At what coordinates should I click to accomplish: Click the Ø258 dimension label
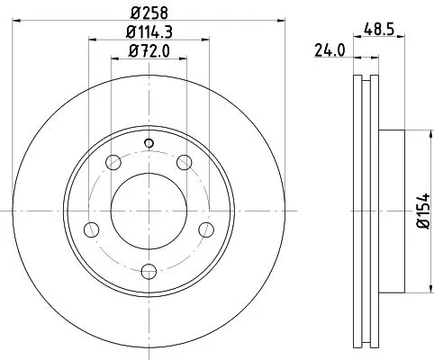pyautogui.click(x=149, y=12)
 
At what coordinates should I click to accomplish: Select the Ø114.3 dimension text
pyautogui.click(x=149, y=32)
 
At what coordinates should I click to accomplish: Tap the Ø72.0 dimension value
pyautogui.click(x=149, y=51)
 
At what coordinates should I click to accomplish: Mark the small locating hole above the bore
pyautogui.click(x=149, y=142)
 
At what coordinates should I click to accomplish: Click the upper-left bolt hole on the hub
pyautogui.click(x=113, y=163)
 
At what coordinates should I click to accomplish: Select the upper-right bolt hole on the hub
pyautogui.click(x=185, y=163)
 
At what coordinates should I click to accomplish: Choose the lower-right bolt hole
pyautogui.click(x=205, y=229)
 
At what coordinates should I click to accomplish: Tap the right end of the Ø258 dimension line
pyautogui.click(x=284, y=21)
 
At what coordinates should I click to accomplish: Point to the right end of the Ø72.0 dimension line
pyautogui.click(x=188, y=60)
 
